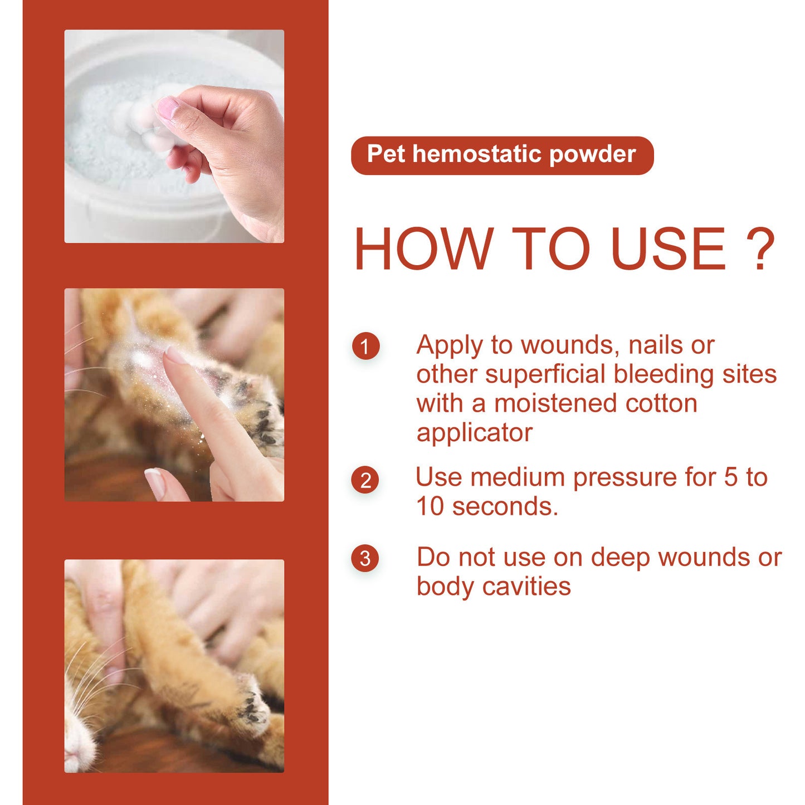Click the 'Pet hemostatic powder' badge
(501, 155)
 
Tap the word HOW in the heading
(423, 249)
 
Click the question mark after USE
(760, 249)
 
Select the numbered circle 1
(365, 347)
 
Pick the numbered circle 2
(365, 480)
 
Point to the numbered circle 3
(365, 558)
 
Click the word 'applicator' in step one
(474, 433)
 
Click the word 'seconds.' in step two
(505, 507)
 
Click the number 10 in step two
(430, 507)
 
